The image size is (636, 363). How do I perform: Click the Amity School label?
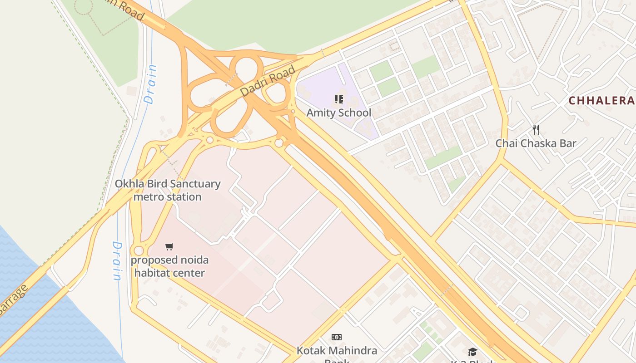[x=338, y=113]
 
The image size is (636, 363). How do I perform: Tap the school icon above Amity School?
[x=338, y=99]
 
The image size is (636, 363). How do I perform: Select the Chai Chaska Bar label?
[x=536, y=143]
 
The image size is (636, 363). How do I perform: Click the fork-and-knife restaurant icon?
[x=536, y=130]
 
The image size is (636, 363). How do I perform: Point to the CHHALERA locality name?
[x=601, y=101]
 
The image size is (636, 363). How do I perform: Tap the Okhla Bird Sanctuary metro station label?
[x=167, y=190]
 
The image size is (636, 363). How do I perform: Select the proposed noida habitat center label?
[x=169, y=266]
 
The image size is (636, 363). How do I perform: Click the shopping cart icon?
[x=169, y=246]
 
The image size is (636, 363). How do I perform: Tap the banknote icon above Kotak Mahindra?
[x=337, y=337]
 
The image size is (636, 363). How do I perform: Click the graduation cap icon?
[x=472, y=352]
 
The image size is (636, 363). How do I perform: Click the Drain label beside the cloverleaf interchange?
[x=150, y=85]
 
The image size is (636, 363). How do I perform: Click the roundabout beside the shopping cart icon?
[x=139, y=251]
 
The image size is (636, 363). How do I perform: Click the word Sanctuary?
[x=196, y=184]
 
